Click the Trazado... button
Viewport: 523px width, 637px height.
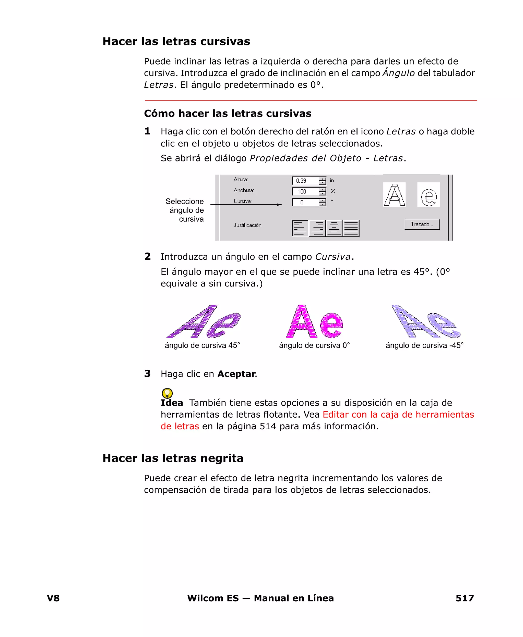(x=422, y=224)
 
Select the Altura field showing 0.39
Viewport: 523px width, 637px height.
(x=305, y=181)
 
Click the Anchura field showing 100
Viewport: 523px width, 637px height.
(x=305, y=191)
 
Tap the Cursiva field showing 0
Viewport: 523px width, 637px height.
(x=305, y=202)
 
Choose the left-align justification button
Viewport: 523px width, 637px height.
(x=300, y=228)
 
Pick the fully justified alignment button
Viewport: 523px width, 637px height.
(x=351, y=228)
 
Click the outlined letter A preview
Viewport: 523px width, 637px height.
(x=394, y=195)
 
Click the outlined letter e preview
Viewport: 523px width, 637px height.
(x=429, y=195)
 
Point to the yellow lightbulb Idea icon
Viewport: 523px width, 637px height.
(x=167, y=393)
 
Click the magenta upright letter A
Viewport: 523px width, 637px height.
(x=301, y=322)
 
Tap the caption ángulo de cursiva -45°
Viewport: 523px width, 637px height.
(x=424, y=345)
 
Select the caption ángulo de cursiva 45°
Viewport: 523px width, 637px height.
(x=202, y=345)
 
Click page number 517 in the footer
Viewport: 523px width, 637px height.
(x=465, y=598)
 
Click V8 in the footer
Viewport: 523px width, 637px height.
(x=53, y=598)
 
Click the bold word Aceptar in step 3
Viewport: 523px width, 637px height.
(x=236, y=374)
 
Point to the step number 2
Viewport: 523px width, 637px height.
(x=147, y=256)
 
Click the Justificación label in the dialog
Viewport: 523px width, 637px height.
(x=247, y=225)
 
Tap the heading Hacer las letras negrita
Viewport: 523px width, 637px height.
(x=173, y=458)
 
